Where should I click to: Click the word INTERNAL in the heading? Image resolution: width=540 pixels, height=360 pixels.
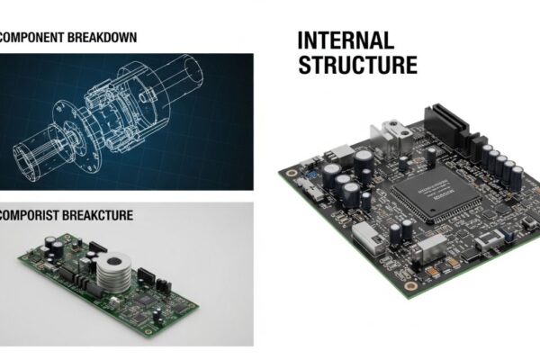346,41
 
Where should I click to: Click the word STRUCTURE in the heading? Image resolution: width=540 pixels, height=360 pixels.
357,65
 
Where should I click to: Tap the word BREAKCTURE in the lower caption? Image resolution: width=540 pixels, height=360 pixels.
112,216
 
